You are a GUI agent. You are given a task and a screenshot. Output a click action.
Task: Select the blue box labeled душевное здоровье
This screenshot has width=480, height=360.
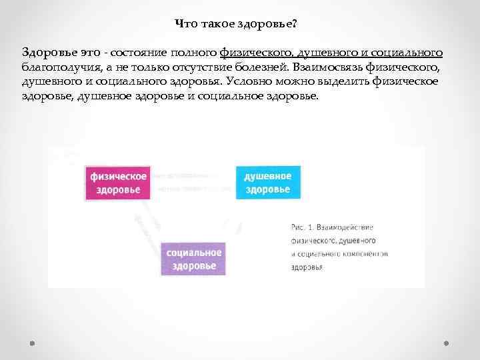267,182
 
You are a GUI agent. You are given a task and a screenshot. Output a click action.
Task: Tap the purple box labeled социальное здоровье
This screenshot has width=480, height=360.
193,259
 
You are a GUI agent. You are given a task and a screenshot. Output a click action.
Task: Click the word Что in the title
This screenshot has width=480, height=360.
185,24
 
